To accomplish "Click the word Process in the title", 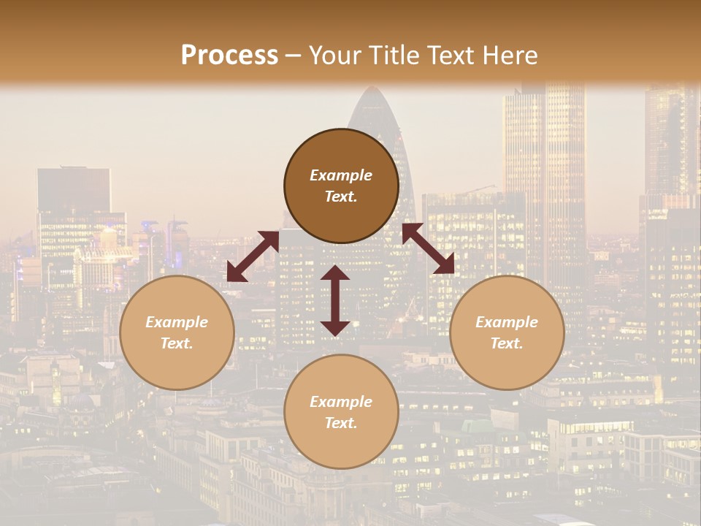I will (x=229, y=56).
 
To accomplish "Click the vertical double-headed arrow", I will (x=335, y=300).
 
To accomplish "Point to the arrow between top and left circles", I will (x=253, y=256).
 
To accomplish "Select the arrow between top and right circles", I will (x=428, y=248).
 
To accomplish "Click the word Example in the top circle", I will (x=341, y=175).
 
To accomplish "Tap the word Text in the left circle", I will (x=177, y=343).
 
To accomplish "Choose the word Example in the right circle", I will (x=507, y=322).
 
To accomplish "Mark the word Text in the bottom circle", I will (x=341, y=423).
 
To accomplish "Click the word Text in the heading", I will (x=448, y=56).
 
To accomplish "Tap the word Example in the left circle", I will (x=177, y=322).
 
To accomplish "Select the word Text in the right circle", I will (x=507, y=343).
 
